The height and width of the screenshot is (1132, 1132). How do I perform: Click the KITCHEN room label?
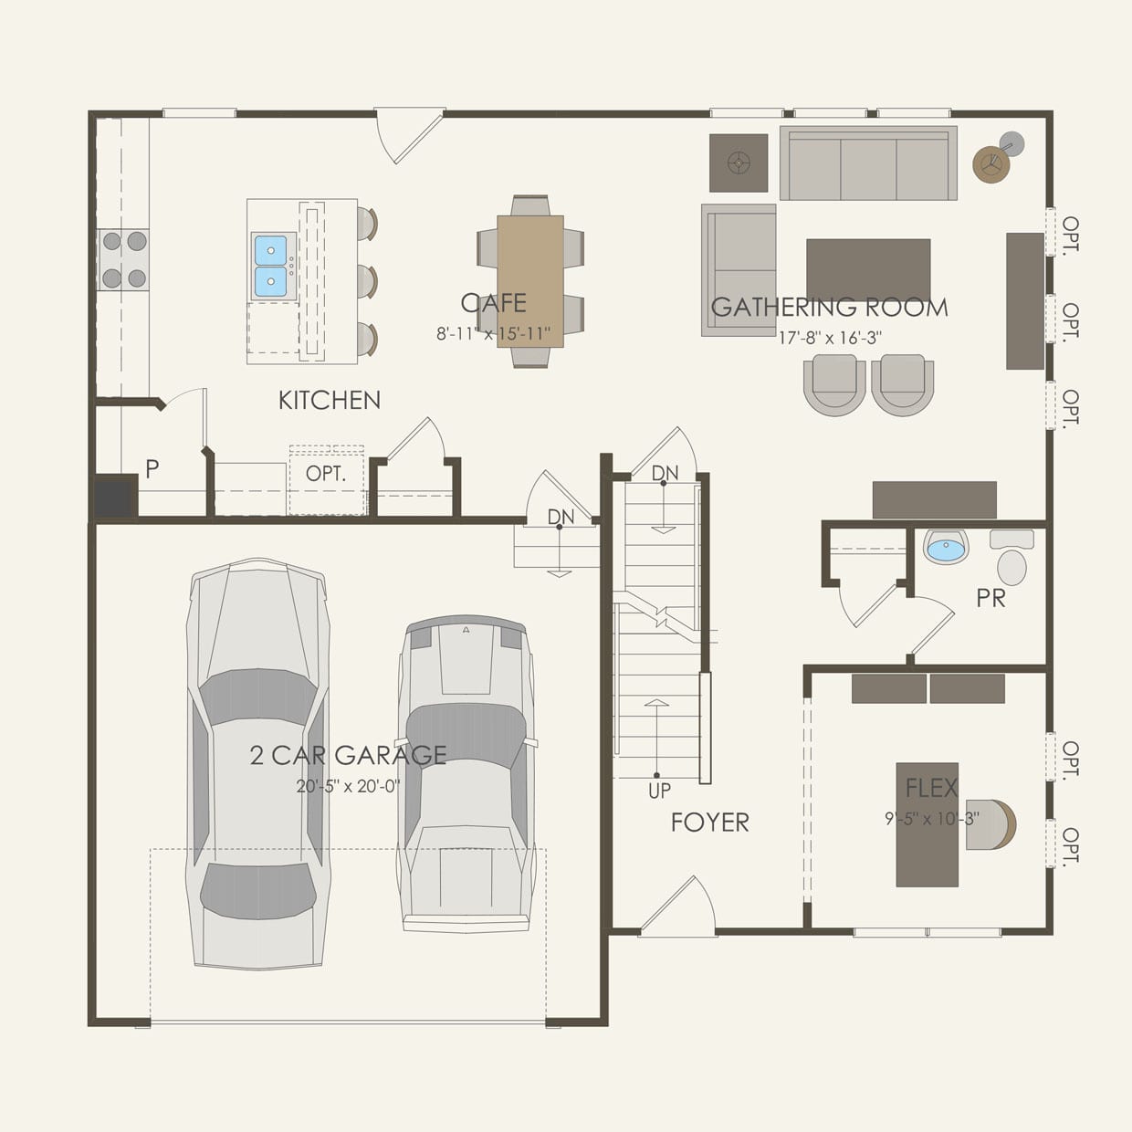click(329, 400)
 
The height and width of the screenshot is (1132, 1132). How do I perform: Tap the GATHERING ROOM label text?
click(829, 308)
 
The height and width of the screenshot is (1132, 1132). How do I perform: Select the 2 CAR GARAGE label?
click(348, 755)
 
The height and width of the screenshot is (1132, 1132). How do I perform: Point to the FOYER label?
click(709, 823)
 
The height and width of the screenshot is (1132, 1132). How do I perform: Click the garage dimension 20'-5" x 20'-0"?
click(348, 786)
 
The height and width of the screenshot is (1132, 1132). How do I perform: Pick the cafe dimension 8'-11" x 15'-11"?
click(493, 334)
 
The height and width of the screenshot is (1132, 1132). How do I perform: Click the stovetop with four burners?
click(124, 260)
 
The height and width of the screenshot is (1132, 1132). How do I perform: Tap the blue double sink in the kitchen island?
click(271, 265)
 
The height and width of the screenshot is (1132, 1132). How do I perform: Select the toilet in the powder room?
click(1011, 560)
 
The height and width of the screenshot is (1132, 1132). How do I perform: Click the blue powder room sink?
click(946, 547)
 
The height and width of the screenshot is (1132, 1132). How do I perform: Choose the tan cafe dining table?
click(530, 281)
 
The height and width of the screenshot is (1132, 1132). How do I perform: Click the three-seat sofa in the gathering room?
click(868, 164)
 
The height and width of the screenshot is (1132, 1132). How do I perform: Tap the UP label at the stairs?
click(659, 791)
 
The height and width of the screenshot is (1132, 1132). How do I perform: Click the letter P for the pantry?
click(152, 469)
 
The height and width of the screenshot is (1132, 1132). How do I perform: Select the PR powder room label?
click(991, 599)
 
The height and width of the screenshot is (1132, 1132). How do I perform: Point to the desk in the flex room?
click(928, 824)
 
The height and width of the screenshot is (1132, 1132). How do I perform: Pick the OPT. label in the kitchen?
click(325, 474)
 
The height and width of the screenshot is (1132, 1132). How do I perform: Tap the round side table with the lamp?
click(991, 164)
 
